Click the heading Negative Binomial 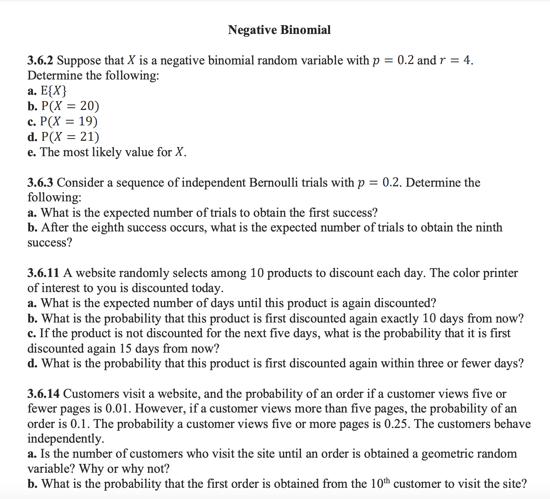[279, 30]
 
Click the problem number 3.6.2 [40, 61]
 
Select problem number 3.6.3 [40, 182]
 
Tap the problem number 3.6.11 [43, 273]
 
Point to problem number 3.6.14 [43, 394]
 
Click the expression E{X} [54, 91]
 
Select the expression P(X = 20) [70, 106]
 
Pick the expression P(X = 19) [69, 121]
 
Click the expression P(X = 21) [70, 137]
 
